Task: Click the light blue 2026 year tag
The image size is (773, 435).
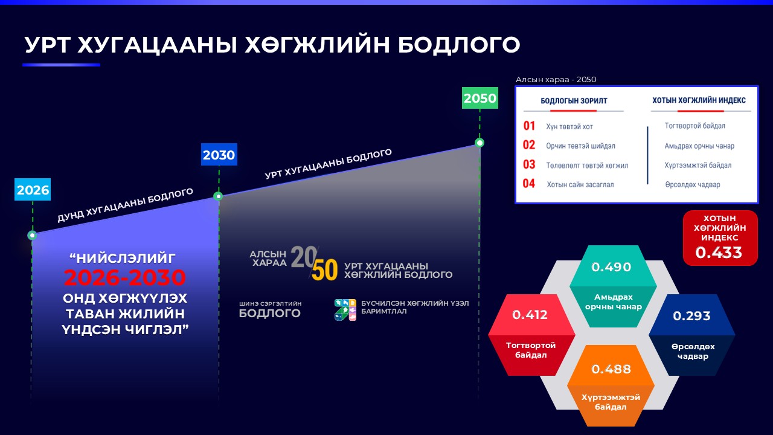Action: pyautogui.click(x=33, y=189)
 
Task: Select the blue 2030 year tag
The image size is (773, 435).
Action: pyautogui.click(x=219, y=154)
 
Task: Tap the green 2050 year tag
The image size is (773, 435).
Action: pyautogui.click(x=480, y=98)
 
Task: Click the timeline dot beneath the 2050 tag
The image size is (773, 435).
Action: pyautogui.click(x=480, y=143)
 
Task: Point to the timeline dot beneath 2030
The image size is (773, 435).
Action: pyautogui.click(x=218, y=196)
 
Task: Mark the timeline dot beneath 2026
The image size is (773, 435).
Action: pyautogui.click(x=32, y=236)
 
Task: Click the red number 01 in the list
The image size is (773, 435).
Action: pyautogui.click(x=529, y=126)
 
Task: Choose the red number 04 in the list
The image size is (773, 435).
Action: pyautogui.click(x=528, y=183)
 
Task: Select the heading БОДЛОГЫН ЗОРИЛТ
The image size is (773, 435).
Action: pyautogui.click(x=574, y=101)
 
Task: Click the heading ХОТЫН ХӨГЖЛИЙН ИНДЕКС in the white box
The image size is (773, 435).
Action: pyautogui.click(x=699, y=100)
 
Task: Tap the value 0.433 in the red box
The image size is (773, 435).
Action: pyautogui.click(x=719, y=253)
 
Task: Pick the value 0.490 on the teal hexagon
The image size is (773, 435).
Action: pyautogui.click(x=611, y=267)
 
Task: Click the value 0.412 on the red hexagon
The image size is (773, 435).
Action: pyautogui.click(x=530, y=315)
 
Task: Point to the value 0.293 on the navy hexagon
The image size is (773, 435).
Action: pyautogui.click(x=691, y=315)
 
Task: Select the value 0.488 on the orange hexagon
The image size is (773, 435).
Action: pyautogui.click(x=611, y=369)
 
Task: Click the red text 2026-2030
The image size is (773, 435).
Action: pyautogui.click(x=125, y=277)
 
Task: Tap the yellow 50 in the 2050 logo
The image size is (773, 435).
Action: pyautogui.click(x=325, y=270)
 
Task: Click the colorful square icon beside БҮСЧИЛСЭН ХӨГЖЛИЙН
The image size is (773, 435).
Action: pyautogui.click(x=345, y=310)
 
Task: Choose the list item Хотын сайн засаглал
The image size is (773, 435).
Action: pyautogui.click(x=580, y=184)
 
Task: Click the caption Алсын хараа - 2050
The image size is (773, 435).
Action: pyautogui.click(x=556, y=79)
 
